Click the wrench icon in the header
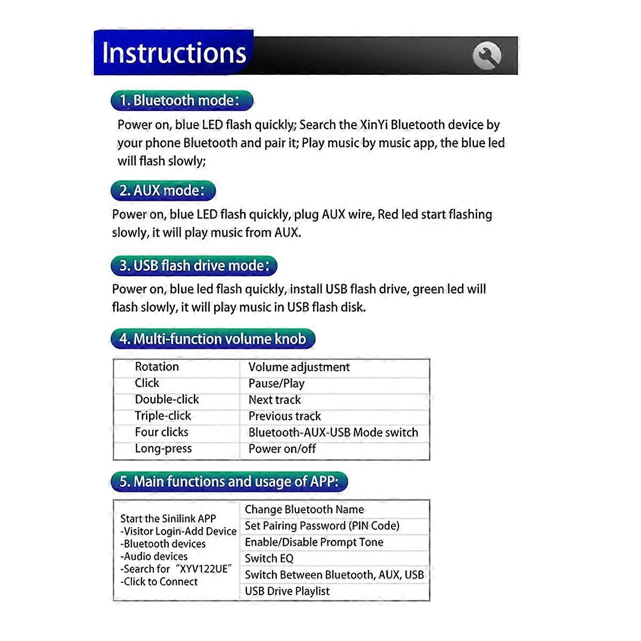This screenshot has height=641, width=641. click(x=487, y=56)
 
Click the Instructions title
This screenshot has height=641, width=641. click(x=174, y=53)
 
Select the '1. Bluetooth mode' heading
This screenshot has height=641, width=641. click(x=182, y=100)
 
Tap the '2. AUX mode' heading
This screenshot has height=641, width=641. click(x=163, y=191)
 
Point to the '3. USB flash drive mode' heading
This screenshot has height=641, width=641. click(x=194, y=265)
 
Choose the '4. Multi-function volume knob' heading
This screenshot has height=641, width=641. click(x=213, y=339)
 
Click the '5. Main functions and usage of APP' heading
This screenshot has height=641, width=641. click(x=229, y=481)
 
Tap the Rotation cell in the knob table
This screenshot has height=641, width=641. click(x=157, y=366)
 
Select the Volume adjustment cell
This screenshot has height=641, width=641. click(x=299, y=367)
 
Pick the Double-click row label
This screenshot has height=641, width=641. click(x=167, y=400)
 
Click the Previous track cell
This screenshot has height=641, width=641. click(x=284, y=416)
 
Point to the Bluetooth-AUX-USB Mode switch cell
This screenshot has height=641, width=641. click(x=333, y=433)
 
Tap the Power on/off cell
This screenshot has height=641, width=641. click(x=282, y=449)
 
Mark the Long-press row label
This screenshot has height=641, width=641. click(x=163, y=449)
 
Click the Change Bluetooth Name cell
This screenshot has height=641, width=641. click(x=304, y=510)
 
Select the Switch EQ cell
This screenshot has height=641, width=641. click(x=269, y=559)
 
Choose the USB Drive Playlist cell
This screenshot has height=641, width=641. click(x=287, y=591)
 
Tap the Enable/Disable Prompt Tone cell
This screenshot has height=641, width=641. click(x=314, y=542)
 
